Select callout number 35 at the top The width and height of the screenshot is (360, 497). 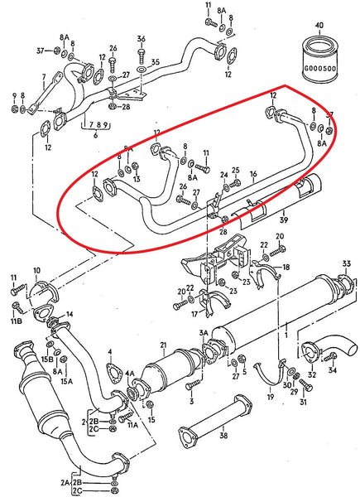(x=154, y=61)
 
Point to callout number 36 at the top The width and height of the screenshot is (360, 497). (x=142, y=40)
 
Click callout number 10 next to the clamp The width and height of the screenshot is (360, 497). (x=36, y=271)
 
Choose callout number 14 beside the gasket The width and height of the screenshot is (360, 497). (x=70, y=314)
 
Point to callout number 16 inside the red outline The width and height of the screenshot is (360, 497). (x=254, y=175)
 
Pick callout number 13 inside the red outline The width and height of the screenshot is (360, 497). (x=136, y=178)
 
